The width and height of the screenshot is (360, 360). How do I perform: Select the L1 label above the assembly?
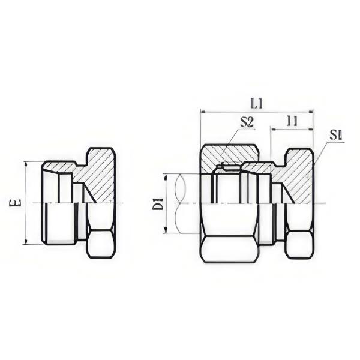(257, 103)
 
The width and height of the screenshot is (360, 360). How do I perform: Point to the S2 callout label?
(247, 122)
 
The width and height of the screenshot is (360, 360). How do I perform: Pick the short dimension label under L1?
(292, 121)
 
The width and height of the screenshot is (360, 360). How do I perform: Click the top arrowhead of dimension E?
(25, 163)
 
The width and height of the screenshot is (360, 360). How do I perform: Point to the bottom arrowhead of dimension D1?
(166, 232)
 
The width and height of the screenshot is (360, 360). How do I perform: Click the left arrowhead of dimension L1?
(203, 112)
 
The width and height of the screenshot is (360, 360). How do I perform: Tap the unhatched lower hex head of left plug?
(100, 243)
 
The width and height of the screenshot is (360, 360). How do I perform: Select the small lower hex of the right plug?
(299, 243)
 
